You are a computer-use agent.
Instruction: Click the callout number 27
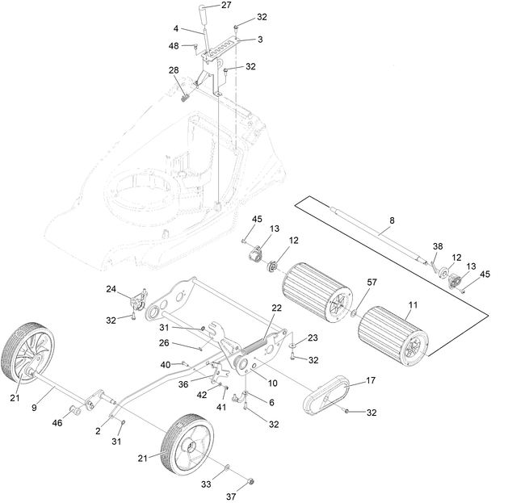tap(225, 6)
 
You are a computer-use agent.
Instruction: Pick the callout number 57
tap(372, 284)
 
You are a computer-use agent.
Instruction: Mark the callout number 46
tap(57, 422)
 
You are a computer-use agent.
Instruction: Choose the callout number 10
tap(272, 383)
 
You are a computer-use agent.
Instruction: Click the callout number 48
tap(174, 46)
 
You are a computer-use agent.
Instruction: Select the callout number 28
tap(174, 72)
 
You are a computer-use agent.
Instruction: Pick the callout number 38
tap(438, 246)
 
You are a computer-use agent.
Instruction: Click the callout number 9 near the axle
tap(34, 409)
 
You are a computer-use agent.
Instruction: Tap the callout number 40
tap(165, 365)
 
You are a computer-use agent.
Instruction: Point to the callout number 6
tap(271, 401)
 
